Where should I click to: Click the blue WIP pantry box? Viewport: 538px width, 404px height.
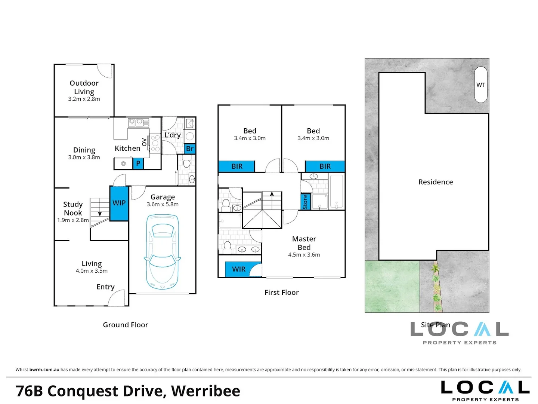click(x=119, y=203)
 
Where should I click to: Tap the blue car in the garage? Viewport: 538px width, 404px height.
click(x=162, y=252)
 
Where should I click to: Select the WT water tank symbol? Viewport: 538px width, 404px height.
click(x=480, y=85)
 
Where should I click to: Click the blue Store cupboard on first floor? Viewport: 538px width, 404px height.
click(x=306, y=202)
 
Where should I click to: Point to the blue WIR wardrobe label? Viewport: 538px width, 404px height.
click(x=238, y=269)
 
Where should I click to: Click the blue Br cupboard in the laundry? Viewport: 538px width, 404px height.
click(x=190, y=149)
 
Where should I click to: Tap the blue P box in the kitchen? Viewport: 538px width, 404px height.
click(x=138, y=163)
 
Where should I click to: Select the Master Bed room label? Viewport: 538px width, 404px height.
click(x=304, y=243)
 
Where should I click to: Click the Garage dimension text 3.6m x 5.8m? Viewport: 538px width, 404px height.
click(x=163, y=204)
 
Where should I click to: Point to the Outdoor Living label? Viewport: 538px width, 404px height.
click(x=84, y=87)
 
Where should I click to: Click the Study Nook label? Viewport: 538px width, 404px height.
click(x=73, y=208)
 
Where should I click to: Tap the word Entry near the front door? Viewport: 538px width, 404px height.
click(x=105, y=287)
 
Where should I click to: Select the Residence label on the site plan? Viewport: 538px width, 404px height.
click(x=436, y=182)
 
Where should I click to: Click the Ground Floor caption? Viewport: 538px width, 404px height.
click(x=126, y=325)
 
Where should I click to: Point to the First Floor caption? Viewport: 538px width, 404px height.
click(x=282, y=293)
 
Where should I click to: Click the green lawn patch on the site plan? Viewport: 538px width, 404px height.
click(x=392, y=286)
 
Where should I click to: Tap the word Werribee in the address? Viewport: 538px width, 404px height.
click(x=205, y=391)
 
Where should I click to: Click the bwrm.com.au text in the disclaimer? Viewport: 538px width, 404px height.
click(x=44, y=370)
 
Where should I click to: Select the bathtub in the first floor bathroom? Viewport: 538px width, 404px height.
click(x=337, y=191)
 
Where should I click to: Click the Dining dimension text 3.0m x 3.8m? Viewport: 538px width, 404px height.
click(x=84, y=157)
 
